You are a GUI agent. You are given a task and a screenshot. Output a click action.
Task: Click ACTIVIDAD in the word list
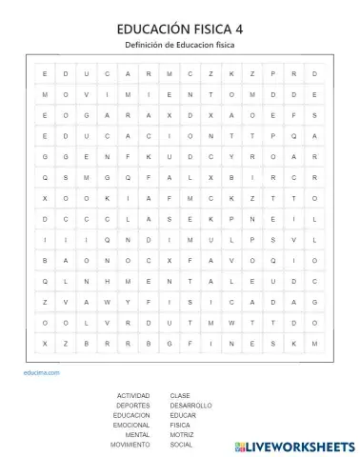(132, 395)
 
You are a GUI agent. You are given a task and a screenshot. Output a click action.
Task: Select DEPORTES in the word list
(133, 405)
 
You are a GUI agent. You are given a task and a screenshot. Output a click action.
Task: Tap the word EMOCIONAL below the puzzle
(131, 425)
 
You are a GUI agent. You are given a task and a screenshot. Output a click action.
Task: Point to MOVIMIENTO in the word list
(130, 445)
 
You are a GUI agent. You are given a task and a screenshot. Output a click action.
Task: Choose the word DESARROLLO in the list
(190, 405)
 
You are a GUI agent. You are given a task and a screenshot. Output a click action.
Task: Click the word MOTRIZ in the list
(182, 435)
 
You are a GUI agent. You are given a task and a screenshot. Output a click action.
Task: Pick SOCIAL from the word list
(181, 445)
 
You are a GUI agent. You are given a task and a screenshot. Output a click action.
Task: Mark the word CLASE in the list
(180, 395)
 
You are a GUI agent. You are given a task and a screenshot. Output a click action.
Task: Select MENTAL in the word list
(137, 435)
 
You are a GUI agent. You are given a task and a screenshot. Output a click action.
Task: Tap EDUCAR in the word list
(183, 415)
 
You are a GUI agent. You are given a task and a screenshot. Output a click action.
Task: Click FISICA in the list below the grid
(180, 425)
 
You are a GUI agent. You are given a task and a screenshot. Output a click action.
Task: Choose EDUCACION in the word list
(131, 415)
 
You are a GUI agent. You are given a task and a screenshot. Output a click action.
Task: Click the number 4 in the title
(239, 30)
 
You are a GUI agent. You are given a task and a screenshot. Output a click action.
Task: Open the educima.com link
(42, 372)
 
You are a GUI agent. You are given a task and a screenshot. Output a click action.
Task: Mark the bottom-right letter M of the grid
(315, 342)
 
